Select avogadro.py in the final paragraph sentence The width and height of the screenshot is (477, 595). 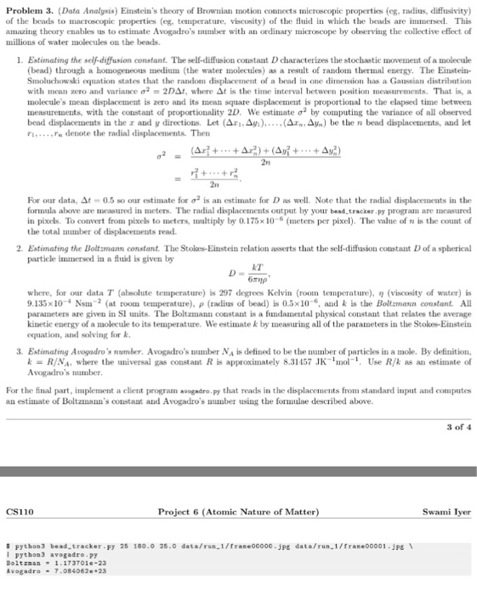tap(192, 404)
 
